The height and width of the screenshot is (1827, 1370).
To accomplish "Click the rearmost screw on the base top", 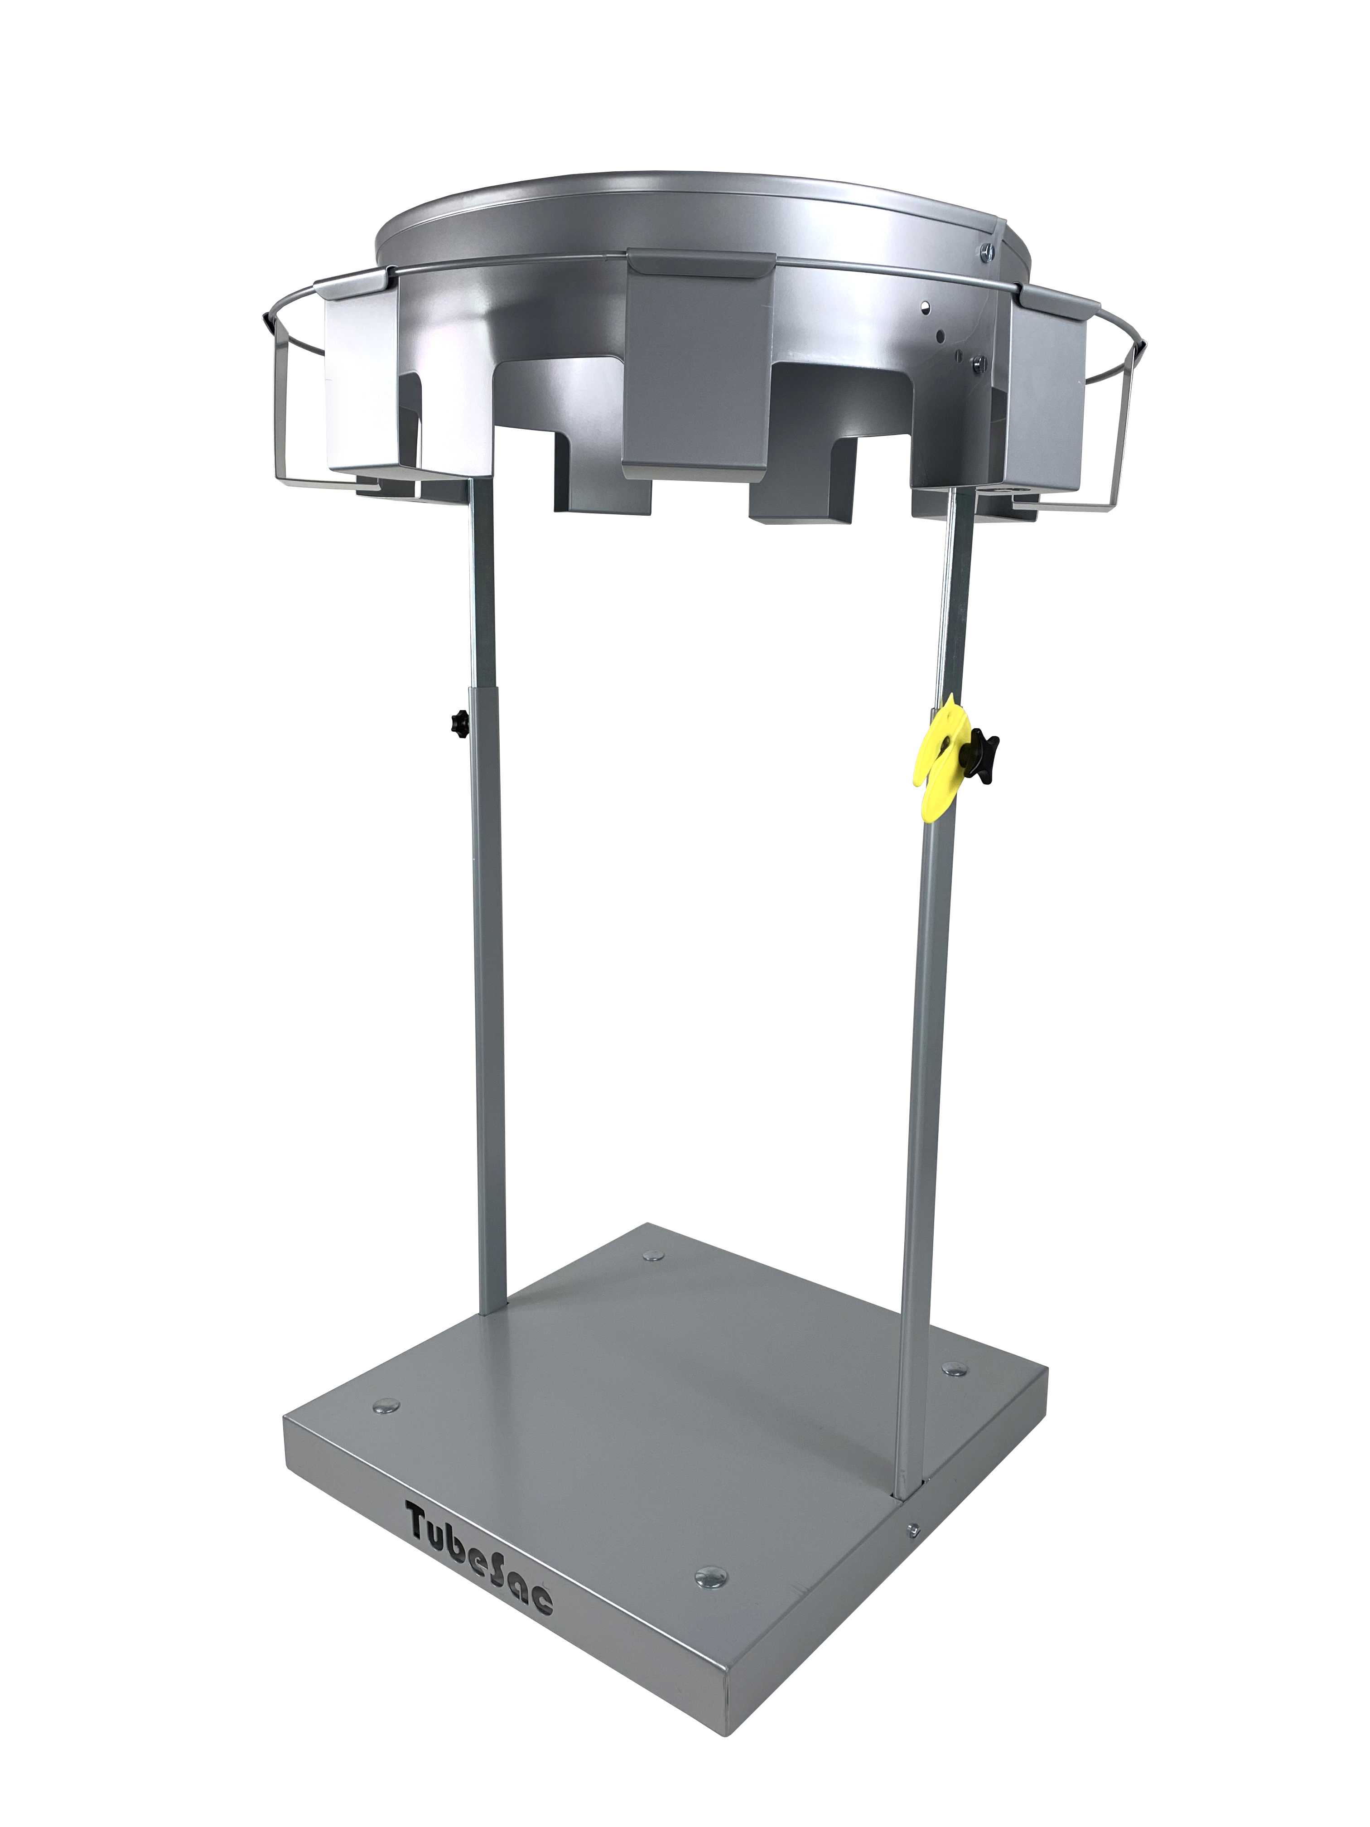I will click(652, 1256).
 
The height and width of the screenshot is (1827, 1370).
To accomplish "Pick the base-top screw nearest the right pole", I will click(955, 1368).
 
